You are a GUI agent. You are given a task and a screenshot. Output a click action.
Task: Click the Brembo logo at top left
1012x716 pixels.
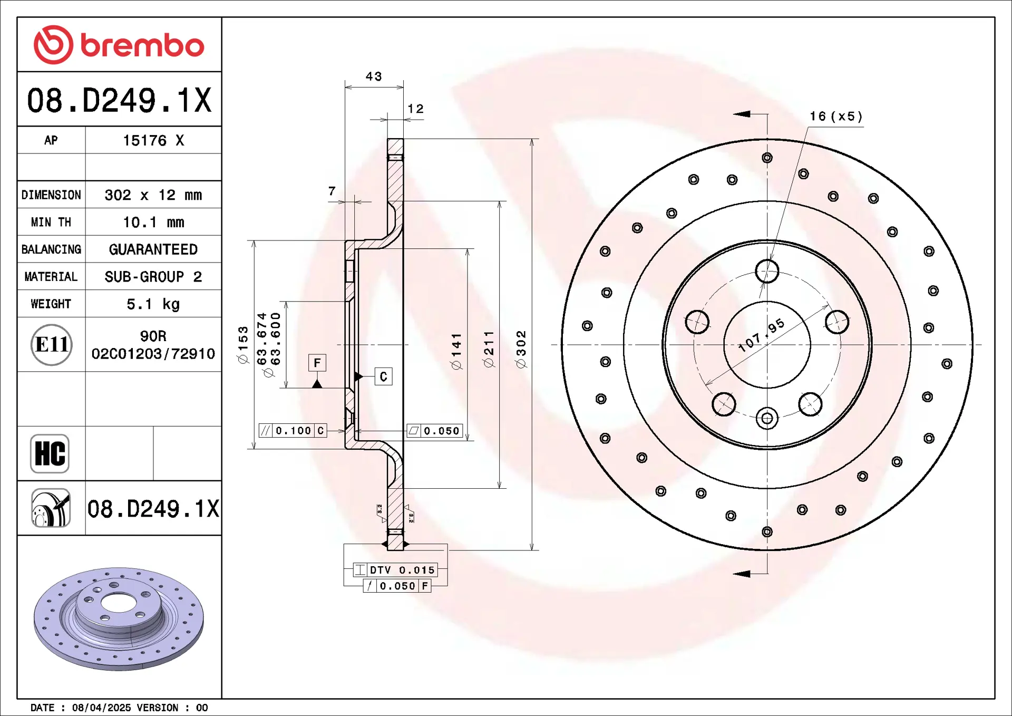(x=119, y=45)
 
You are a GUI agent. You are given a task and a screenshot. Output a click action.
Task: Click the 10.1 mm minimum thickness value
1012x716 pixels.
(x=153, y=222)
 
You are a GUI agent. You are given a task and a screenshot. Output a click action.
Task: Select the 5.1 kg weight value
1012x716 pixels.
(x=153, y=304)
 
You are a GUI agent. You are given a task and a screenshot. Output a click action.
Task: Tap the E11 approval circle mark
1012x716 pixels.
(x=51, y=345)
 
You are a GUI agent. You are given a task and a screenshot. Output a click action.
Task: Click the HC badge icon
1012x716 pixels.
(x=50, y=453)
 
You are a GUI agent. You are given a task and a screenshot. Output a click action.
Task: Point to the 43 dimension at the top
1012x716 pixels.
(x=374, y=76)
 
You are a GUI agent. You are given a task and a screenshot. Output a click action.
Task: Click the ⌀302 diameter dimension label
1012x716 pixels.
(x=521, y=350)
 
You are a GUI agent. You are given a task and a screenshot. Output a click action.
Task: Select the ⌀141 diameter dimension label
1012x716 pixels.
(x=456, y=351)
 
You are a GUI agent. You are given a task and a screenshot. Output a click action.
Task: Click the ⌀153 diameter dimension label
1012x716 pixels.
(x=242, y=345)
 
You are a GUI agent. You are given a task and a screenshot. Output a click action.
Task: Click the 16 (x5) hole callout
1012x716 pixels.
(x=836, y=116)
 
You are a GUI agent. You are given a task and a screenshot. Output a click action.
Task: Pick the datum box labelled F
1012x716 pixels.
(x=317, y=363)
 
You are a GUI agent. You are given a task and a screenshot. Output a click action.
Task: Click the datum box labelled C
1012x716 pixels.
(x=383, y=376)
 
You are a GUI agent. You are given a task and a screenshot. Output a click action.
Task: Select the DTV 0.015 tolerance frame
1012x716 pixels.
(x=395, y=570)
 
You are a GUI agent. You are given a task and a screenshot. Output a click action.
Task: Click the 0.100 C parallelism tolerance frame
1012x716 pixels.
(x=293, y=431)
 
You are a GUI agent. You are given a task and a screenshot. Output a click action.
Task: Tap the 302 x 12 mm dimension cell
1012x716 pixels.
(x=153, y=195)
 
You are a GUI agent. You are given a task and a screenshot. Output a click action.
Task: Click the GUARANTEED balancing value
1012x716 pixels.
(x=153, y=249)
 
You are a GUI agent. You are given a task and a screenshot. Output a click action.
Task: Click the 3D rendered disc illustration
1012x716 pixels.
(x=119, y=619)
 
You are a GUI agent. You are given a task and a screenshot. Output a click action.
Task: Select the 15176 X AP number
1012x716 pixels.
(x=153, y=141)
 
